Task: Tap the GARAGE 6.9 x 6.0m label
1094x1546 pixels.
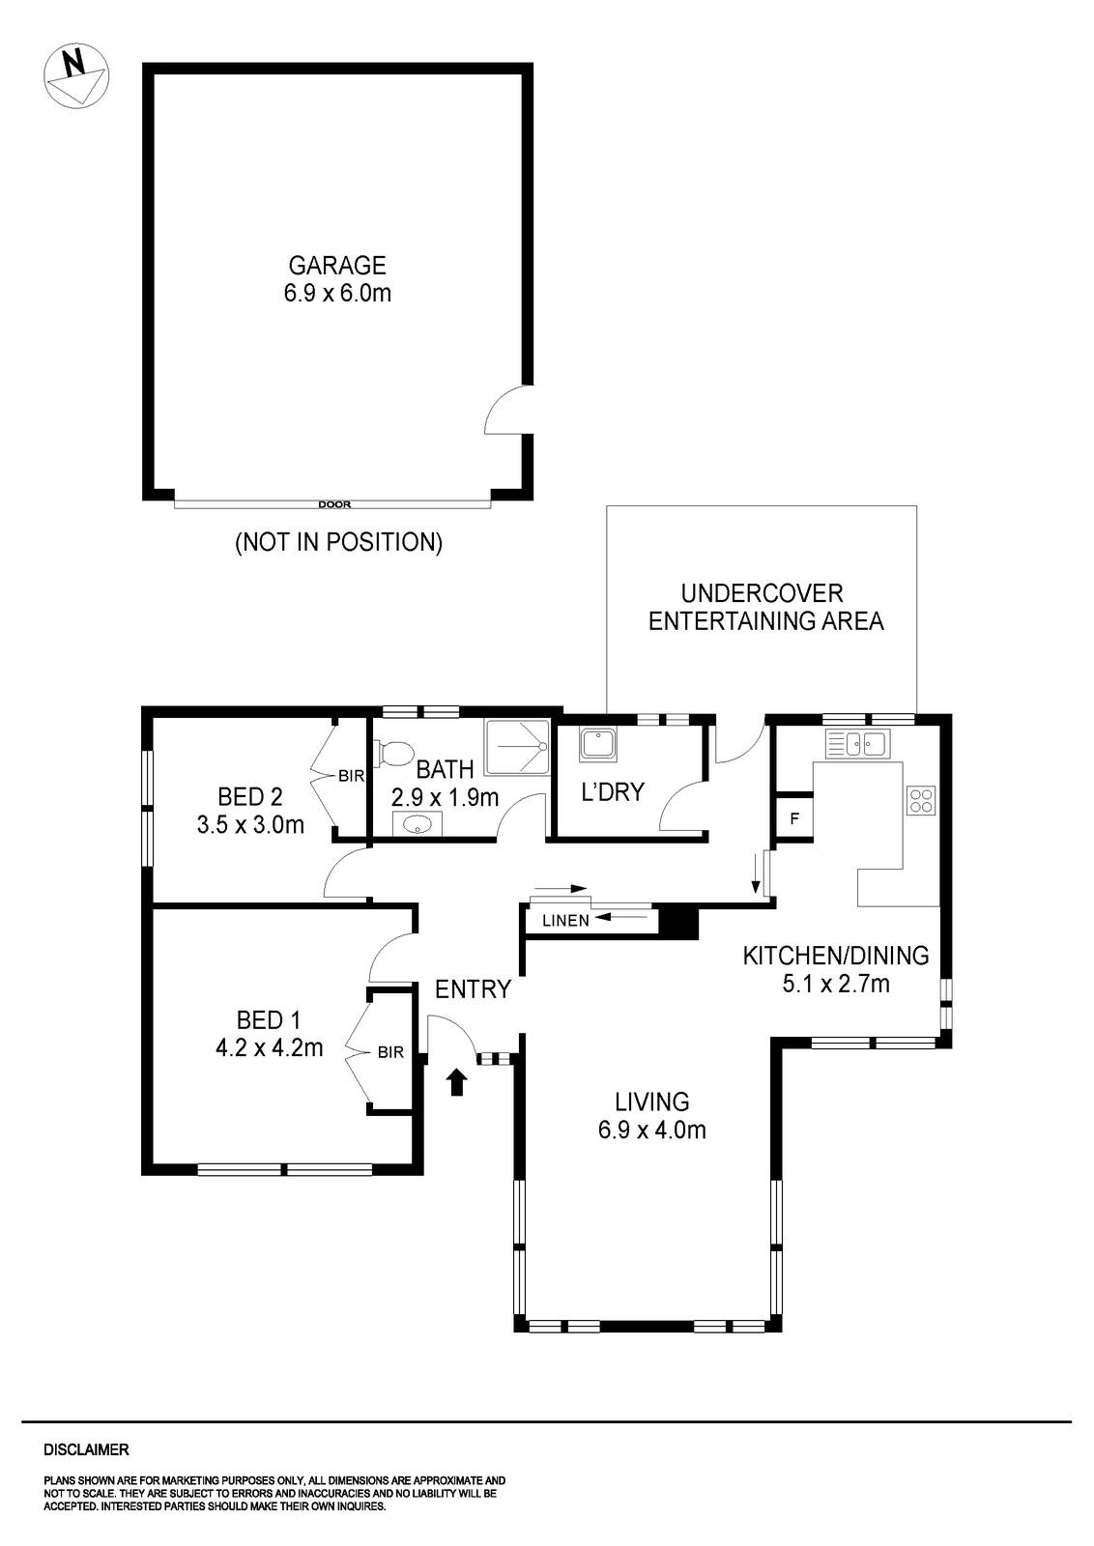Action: [x=337, y=279]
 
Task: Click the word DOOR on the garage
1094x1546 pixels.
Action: [x=334, y=503]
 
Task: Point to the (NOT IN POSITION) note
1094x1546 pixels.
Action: [x=338, y=542]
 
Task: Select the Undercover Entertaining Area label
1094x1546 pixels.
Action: [x=765, y=607]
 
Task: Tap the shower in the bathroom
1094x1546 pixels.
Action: [x=516, y=747]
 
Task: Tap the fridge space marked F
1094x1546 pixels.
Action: [x=794, y=819]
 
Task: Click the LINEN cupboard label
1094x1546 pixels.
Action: [x=565, y=921]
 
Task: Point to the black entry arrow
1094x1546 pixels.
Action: [x=458, y=1081]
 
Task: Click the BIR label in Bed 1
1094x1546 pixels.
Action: [x=390, y=1051]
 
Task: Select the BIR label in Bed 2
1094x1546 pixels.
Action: [x=350, y=775]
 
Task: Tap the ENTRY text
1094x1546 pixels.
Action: [x=473, y=989]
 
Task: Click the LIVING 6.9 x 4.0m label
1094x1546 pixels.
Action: [x=651, y=1115]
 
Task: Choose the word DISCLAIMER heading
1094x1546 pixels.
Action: [x=86, y=1450]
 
